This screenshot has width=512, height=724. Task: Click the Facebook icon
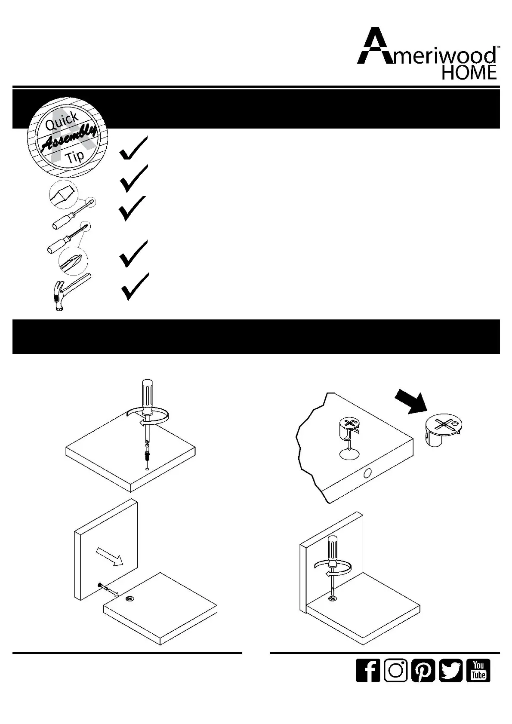(368, 670)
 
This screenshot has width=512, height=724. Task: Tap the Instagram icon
(395, 670)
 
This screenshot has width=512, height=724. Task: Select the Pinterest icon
(423, 670)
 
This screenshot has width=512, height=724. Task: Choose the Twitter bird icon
(450, 670)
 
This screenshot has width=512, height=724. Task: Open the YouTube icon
(478, 670)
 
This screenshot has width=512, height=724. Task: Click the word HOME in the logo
(469, 72)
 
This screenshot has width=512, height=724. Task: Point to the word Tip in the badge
(75, 156)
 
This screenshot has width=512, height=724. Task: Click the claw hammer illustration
(69, 290)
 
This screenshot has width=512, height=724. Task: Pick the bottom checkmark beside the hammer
(135, 286)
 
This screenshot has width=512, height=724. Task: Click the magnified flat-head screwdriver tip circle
(63, 194)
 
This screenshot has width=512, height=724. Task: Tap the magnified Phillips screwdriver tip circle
(73, 261)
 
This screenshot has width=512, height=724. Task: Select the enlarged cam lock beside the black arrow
(445, 430)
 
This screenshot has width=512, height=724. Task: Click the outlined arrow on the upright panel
(110, 555)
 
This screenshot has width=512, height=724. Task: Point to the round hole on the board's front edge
(367, 474)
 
